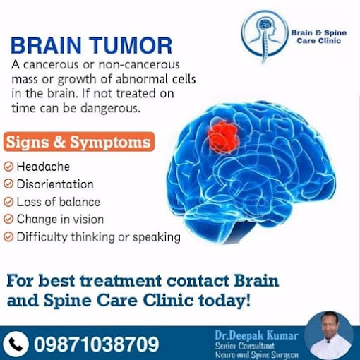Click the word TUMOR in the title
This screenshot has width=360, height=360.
click(x=131, y=45)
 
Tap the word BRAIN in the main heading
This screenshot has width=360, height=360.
click(x=47, y=45)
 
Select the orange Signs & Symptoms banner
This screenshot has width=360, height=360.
click(x=79, y=142)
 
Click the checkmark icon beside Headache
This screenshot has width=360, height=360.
click(x=8, y=167)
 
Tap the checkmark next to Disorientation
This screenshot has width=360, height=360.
click(x=8, y=184)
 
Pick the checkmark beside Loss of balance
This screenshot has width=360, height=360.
click(x=8, y=202)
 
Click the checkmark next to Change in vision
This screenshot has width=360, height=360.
click(x=8, y=220)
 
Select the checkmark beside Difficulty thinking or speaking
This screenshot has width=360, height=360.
click(x=8, y=237)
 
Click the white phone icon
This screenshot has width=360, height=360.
click(x=16, y=344)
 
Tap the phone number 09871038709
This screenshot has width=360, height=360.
click(x=97, y=344)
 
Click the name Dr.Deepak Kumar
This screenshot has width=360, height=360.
click(x=256, y=335)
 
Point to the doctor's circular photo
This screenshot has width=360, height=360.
click(x=329, y=335)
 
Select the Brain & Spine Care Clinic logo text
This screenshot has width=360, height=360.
click(x=319, y=37)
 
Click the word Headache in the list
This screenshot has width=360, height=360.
click(x=43, y=167)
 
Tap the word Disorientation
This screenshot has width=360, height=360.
click(x=55, y=184)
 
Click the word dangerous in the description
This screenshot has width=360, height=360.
click(x=110, y=109)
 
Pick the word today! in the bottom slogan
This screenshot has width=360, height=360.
click(x=224, y=301)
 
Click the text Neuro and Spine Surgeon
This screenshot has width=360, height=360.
click(x=257, y=354)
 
